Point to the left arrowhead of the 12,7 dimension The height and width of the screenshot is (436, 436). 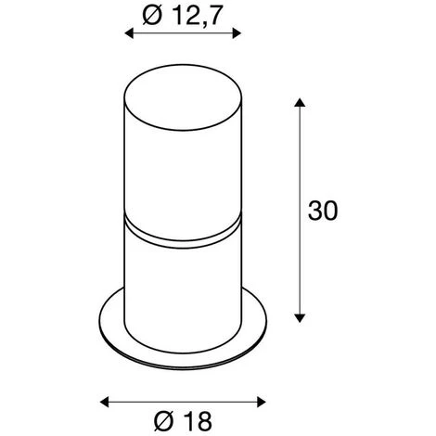pos(128,34)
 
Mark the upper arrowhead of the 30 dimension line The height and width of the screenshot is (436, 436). pos(300,102)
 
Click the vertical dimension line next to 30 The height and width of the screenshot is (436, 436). pos(300,210)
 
